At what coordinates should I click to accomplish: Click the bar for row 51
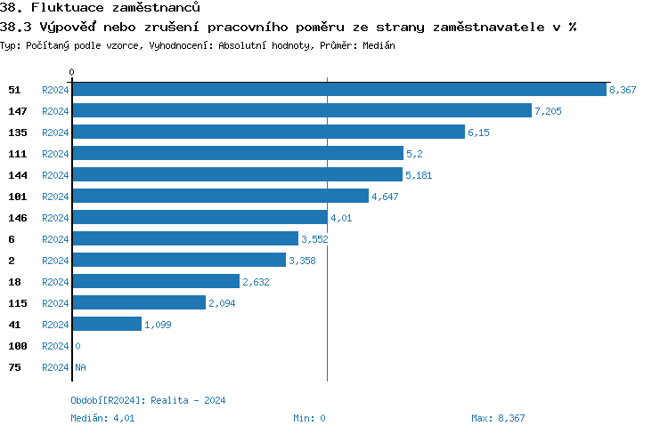tap(339, 90)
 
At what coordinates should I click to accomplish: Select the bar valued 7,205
tap(302, 111)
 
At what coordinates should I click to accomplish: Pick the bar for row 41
tap(107, 325)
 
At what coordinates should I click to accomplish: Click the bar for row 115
tap(139, 303)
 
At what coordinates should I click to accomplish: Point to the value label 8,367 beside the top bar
tap(623, 90)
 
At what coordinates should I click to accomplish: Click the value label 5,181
tap(419, 175)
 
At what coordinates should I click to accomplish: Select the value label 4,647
tap(386, 197)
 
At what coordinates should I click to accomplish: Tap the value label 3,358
tap(302, 261)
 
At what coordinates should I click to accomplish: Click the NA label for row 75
tap(80, 367)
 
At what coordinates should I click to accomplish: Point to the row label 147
tap(16, 111)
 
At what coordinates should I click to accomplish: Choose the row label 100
tap(16, 346)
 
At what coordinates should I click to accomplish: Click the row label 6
tap(11, 239)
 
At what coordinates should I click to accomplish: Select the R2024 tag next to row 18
tap(55, 282)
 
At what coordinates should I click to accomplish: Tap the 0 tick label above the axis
tap(72, 72)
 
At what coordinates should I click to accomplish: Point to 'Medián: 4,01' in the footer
tap(102, 417)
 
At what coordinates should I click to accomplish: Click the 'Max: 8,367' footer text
tap(498, 417)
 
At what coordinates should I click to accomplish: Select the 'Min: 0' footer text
tap(309, 417)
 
